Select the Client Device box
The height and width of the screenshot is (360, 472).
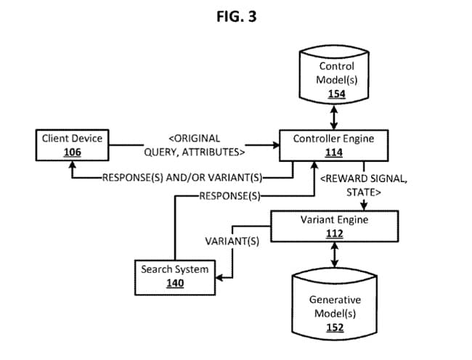[x=72, y=144]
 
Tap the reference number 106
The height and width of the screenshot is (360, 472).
[x=72, y=152]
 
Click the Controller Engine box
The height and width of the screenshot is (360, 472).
[x=334, y=144]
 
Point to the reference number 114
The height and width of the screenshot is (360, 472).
[x=334, y=152]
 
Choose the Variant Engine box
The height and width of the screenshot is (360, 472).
[x=334, y=226]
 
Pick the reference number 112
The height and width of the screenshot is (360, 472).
[x=334, y=233]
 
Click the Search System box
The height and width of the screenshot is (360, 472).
[x=174, y=276]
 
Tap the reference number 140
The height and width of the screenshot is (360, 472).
[x=174, y=283]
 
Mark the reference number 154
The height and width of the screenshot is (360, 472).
[x=336, y=95]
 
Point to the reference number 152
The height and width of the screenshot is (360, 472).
[x=335, y=327]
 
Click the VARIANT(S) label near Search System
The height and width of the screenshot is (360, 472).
[x=232, y=241]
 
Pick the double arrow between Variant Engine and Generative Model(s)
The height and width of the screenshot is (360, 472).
[x=335, y=254]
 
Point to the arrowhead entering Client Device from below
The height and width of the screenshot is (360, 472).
[x=72, y=165]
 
